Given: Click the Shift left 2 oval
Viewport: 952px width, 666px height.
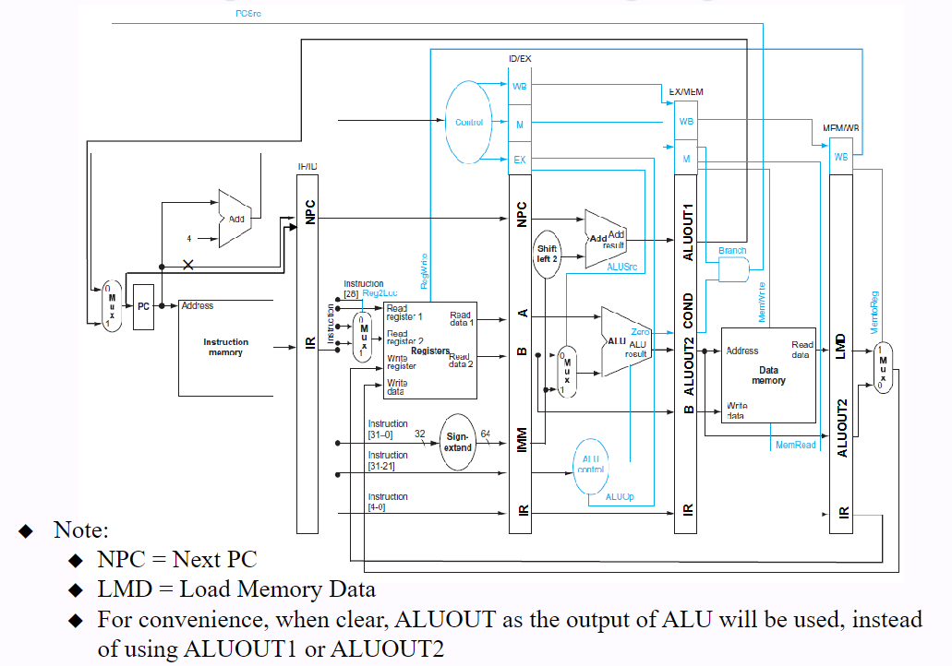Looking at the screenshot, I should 548,255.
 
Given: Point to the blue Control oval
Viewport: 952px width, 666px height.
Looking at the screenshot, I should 469,122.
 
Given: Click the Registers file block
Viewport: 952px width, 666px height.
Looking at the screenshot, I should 429,350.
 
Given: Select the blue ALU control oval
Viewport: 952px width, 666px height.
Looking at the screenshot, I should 591,463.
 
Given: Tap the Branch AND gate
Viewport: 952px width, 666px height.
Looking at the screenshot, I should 733,269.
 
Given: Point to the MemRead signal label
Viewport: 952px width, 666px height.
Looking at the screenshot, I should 795,445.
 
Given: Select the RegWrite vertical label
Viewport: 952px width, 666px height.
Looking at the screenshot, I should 424,272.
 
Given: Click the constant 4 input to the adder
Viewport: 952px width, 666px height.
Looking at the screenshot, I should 188,238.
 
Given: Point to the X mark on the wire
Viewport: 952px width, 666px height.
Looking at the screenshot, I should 188,265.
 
